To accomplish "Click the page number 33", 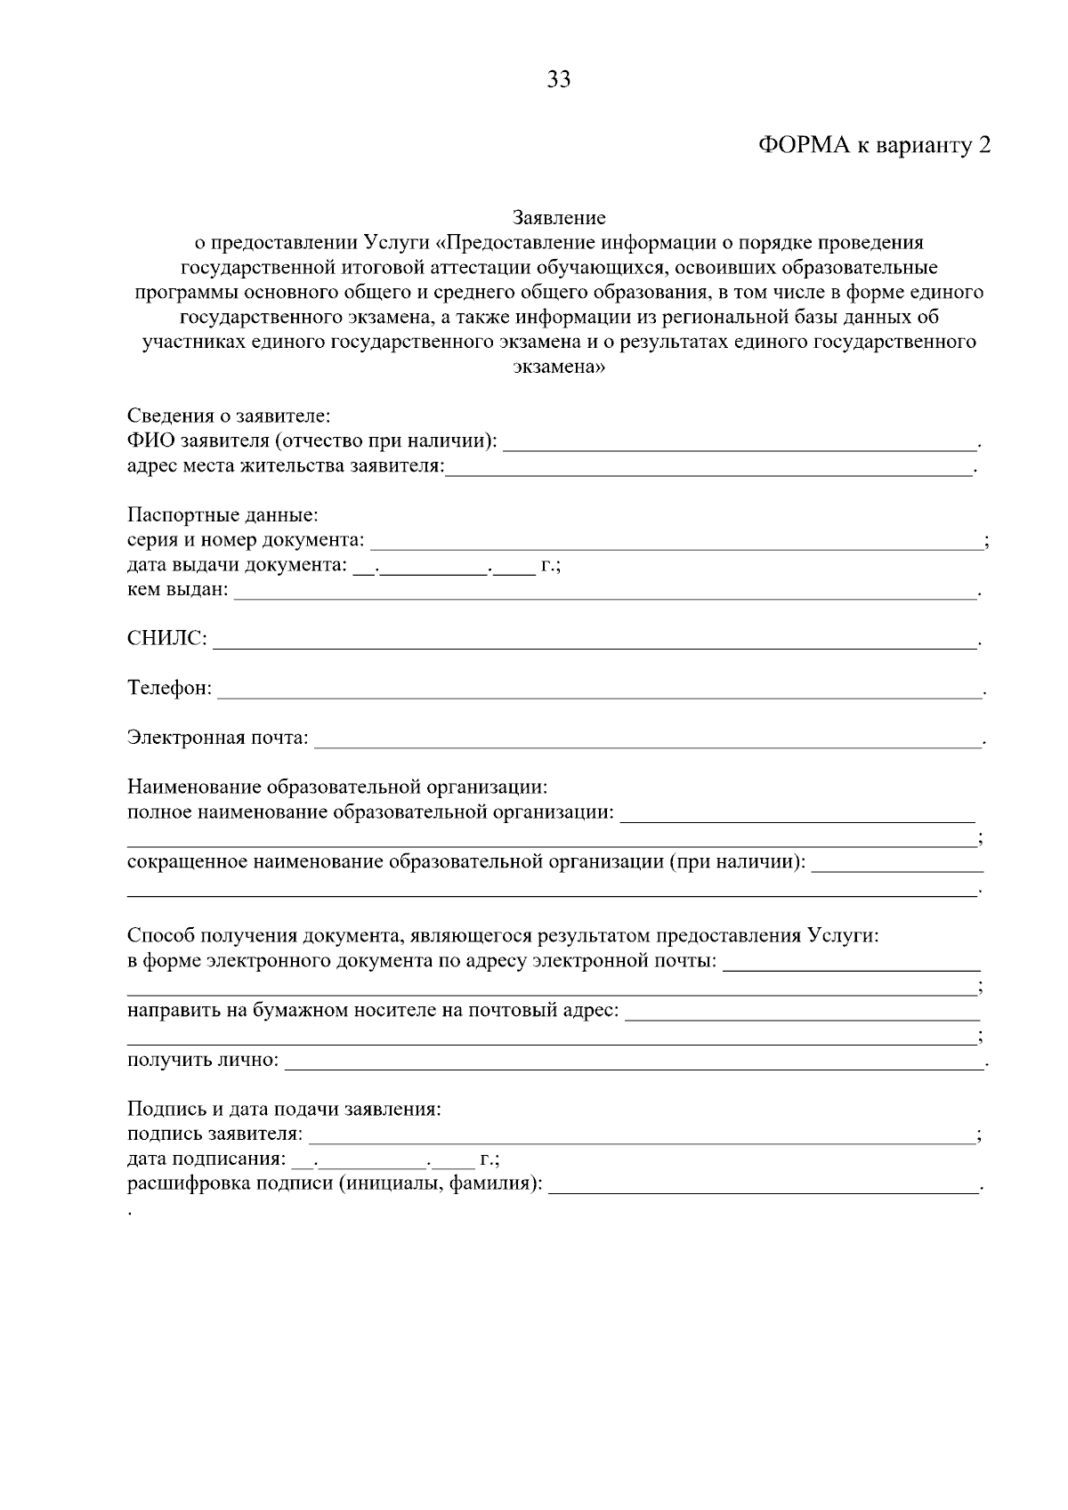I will click(x=559, y=80).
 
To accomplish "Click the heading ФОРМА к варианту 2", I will click(x=874, y=147).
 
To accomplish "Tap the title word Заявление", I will click(x=559, y=218).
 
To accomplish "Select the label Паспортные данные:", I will click(x=222, y=515).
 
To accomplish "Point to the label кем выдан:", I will click(x=177, y=590).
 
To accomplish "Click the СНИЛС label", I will click(x=166, y=640).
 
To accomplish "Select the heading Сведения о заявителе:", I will click(x=229, y=416).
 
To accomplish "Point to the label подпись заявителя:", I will click(x=214, y=1135).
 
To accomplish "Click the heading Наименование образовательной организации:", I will click(x=337, y=787).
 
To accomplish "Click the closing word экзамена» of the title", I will click(x=559, y=367).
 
